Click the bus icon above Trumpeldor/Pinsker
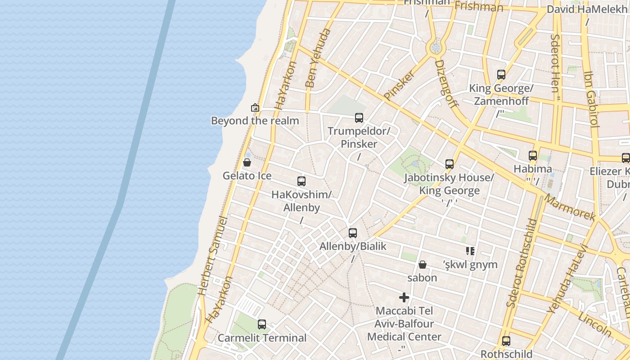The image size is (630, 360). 359,118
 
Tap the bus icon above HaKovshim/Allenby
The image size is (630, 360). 301,181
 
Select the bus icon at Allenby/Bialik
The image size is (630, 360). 353,233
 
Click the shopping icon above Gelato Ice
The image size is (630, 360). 247,162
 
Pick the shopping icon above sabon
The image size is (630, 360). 422,265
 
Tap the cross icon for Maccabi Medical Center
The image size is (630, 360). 404,297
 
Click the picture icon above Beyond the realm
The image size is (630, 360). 255,108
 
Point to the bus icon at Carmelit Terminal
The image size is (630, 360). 261,324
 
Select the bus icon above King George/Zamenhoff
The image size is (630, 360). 501,75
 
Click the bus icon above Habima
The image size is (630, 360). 533,156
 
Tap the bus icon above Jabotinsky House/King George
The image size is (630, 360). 449,164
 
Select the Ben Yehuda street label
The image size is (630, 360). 318,58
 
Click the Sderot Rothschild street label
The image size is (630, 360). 521,263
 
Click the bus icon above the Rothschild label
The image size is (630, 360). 506,341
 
